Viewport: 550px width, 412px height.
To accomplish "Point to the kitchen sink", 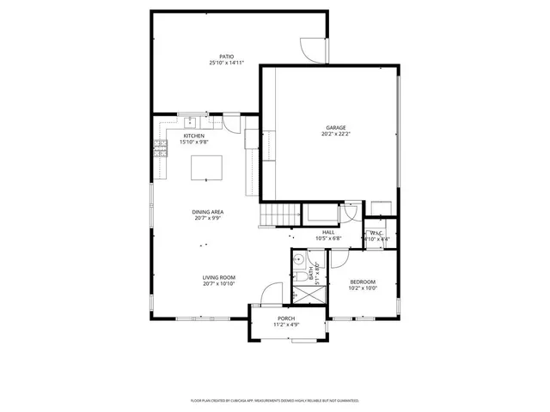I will pos(187,121).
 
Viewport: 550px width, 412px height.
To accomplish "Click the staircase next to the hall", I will pos(278,215).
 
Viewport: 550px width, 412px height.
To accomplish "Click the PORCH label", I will pos(286,318).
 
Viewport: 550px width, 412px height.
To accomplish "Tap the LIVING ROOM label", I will pos(218,277).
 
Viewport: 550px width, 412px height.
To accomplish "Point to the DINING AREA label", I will pos(208,212).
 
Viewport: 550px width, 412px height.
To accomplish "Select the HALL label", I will pos(328,232).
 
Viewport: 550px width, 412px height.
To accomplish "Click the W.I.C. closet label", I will pos(376,233).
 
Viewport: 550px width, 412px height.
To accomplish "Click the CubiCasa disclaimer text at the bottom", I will pos(274,400).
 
